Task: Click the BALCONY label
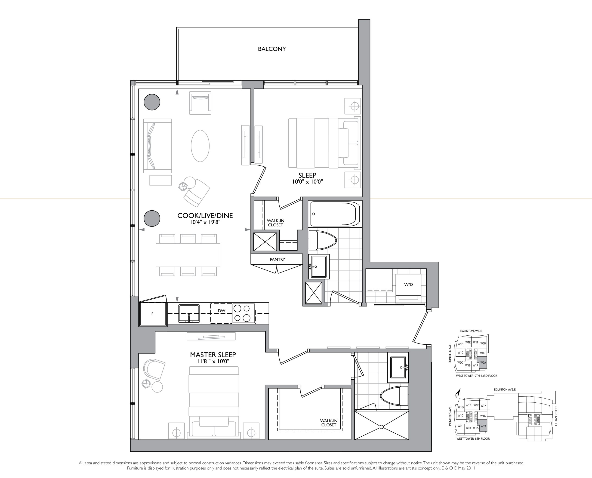click(x=272, y=49)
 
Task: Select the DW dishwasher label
click(x=222, y=311)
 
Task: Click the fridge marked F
click(x=153, y=314)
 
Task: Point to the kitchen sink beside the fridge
click(x=189, y=313)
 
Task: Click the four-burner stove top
click(x=244, y=313)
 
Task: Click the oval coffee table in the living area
click(x=200, y=146)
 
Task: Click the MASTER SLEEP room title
click(x=213, y=355)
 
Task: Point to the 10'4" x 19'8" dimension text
click(x=205, y=222)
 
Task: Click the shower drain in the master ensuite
click(x=382, y=427)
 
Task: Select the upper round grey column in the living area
click(x=152, y=102)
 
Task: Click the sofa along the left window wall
click(x=157, y=146)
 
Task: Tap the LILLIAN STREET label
click(x=556, y=416)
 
